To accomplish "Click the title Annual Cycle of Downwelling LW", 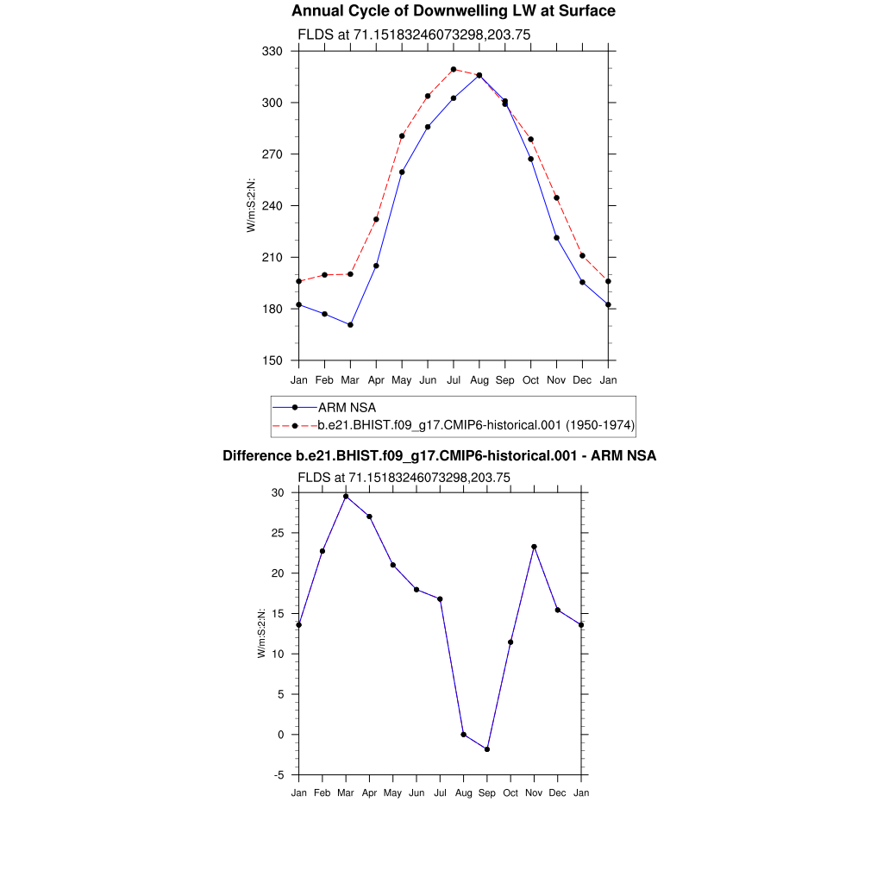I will [453, 11].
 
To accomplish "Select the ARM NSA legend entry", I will [347, 407].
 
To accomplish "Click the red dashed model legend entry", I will [476, 424].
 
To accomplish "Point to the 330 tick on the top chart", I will [273, 52].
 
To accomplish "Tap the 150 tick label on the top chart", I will [273, 360].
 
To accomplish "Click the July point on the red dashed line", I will [454, 70].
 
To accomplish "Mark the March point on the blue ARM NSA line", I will [350, 325].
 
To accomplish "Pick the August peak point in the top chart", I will [479, 76].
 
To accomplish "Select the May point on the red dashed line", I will [402, 136].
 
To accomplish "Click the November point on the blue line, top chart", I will [557, 238].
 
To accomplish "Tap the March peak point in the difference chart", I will [346, 497].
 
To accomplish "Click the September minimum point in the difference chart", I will [487, 749].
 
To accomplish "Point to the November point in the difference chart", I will [535, 547].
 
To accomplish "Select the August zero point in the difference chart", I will [464, 735].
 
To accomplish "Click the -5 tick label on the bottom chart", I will [279, 775].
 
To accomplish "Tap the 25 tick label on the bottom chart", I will [278, 533].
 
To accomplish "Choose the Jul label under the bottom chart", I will [440, 793].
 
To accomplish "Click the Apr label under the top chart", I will [376, 380].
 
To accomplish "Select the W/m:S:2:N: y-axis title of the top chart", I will [252, 205].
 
